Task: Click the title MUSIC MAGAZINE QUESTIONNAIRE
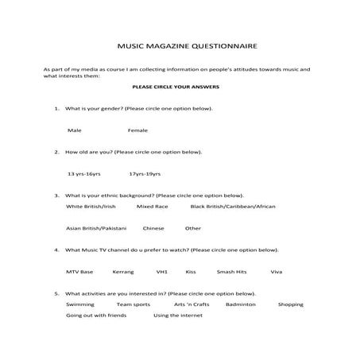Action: coord(181,46)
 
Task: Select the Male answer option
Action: coord(75,130)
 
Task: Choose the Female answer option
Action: coord(137,130)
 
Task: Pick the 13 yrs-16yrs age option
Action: coord(83,173)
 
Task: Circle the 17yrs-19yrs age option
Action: coord(144,173)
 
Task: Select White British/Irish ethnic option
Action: coord(91,206)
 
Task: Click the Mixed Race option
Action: coord(152,206)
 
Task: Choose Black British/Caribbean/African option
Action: coord(233,206)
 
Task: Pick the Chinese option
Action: coord(153,228)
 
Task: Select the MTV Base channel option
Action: coord(79,272)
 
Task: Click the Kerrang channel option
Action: coord(123,272)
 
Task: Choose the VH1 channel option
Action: coord(162,272)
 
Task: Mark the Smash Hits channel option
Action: coord(232,272)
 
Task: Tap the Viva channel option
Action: coord(276,272)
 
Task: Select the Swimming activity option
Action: coord(80,304)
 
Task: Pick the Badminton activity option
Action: coord(240,304)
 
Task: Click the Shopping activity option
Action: coord(291,304)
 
